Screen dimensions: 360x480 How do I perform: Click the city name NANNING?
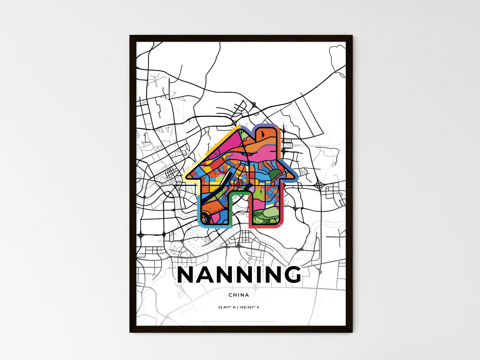pyautogui.click(x=239, y=275)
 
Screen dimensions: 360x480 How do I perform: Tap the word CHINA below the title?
pyautogui.click(x=239, y=295)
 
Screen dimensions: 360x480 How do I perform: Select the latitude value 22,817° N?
pyautogui.click(x=227, y=307)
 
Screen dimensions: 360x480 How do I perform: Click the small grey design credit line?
pyautogui.click(x=239, y=321)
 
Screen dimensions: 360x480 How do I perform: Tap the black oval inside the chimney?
pyautogui.click(x=262, y=133)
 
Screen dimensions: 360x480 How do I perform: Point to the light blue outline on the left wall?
pyautogui.click(x=198, y=209)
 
